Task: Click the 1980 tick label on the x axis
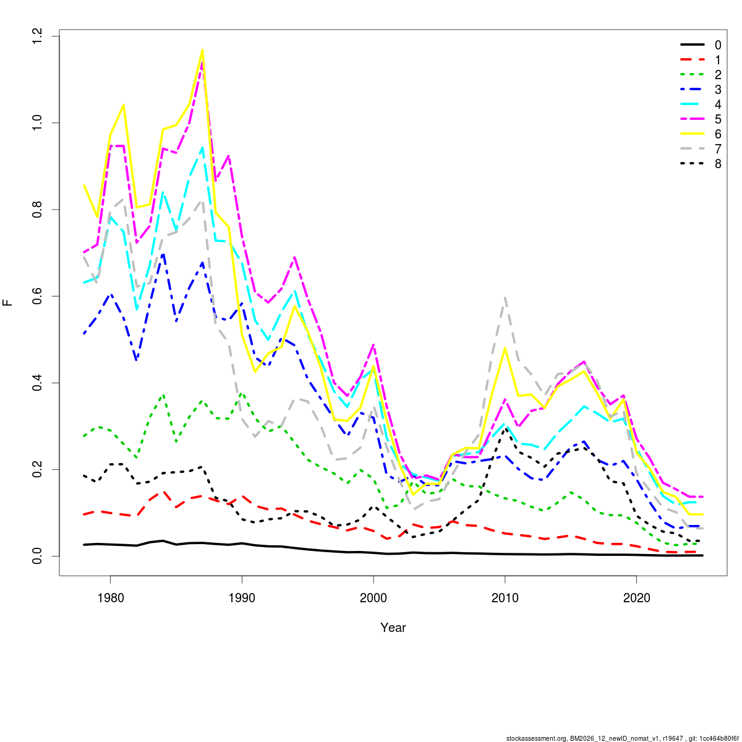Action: tap(110, 598)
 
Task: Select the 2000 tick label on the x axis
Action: tap(373, 598)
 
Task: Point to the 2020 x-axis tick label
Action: tap(637, 598)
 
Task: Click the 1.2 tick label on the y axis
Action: tap(39, 36)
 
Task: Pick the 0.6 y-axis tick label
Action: tap(39, 296)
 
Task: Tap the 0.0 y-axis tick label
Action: tap(39, 556)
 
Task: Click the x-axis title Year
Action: tap(393, 628)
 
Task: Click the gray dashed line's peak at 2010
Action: tap(505, 297)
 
